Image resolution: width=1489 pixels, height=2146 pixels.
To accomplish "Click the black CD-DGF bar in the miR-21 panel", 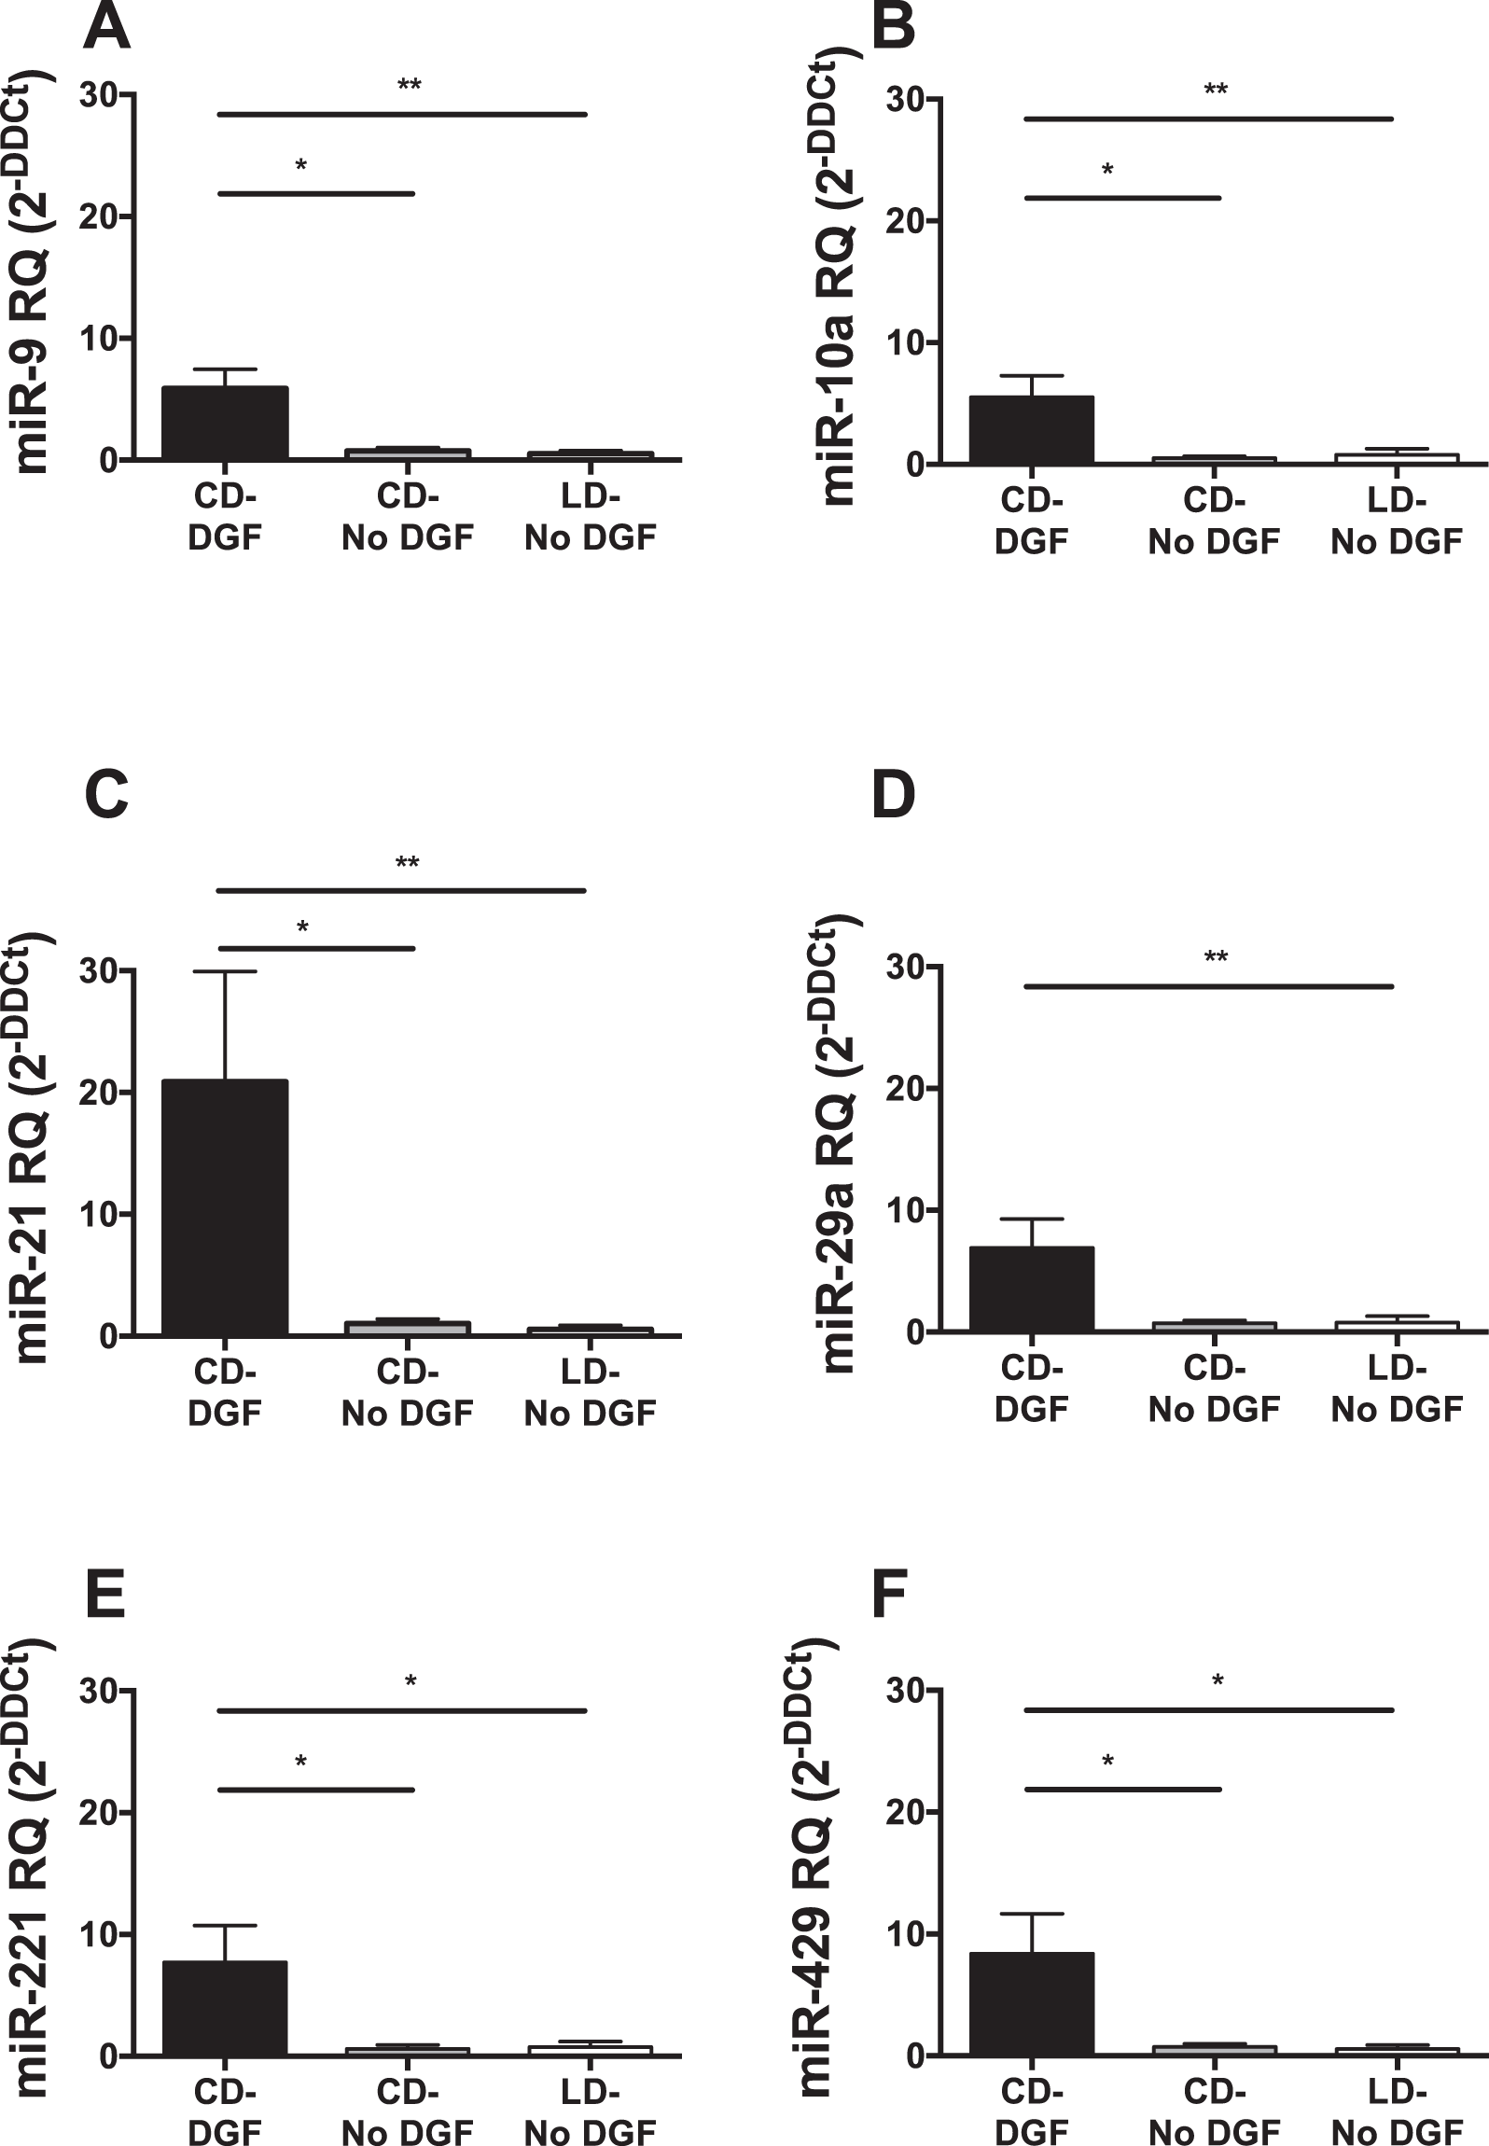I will (225, 1207).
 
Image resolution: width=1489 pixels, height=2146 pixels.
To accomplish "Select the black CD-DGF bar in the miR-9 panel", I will (225, 423).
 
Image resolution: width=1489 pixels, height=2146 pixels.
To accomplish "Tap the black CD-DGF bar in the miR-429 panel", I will (1031, 2003).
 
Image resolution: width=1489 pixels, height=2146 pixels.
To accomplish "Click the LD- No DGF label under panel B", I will (1396, 521).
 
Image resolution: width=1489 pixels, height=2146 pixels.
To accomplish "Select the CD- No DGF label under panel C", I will (407, 1392).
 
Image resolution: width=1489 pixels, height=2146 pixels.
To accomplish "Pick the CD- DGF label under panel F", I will (1031, 2112).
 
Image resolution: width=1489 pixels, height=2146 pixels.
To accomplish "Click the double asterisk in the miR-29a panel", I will (1216, 957).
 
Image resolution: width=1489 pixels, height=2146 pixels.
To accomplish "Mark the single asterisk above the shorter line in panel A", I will (300, 167).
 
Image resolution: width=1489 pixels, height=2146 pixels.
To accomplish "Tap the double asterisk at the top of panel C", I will (407, 864).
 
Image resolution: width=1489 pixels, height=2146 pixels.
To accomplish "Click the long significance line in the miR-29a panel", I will (1208, 986).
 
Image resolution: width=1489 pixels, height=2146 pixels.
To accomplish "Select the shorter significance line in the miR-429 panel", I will (1121, 1789).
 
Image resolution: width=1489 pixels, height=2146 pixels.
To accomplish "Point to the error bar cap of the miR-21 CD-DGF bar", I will (225, 971).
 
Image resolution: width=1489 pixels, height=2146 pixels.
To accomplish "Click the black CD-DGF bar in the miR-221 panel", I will (225, 2008).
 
